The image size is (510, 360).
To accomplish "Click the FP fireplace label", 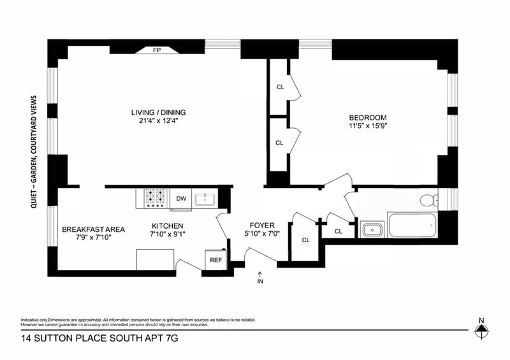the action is coord(157,50).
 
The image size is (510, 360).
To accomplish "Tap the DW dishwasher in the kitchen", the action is coord(181,199).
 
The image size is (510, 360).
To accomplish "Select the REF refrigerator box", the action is coord(215,260).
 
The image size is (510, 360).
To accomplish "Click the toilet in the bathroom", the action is coord(429,200).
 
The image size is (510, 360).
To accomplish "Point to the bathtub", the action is coord(412,225).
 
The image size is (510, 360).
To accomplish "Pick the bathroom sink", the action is coord(372,229).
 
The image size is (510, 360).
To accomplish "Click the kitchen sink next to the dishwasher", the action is coord(205,199).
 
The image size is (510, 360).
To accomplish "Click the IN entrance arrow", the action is coord(260,278).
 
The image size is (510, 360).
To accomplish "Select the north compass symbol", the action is coord(482,329).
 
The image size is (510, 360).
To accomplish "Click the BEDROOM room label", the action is coord(368,118).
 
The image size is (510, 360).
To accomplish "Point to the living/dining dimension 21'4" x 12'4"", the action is coord(158,121).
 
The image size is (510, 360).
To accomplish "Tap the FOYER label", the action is coord(262,225).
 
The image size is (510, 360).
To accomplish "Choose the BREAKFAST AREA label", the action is coord(93,229).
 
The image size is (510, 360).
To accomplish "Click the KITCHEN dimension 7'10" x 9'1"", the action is coord(168,234).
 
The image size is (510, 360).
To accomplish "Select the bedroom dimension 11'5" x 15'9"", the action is coord(368,126).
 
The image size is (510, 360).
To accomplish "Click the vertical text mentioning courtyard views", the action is coord(34,152).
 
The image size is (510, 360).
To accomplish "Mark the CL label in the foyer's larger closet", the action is coord(306,240).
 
